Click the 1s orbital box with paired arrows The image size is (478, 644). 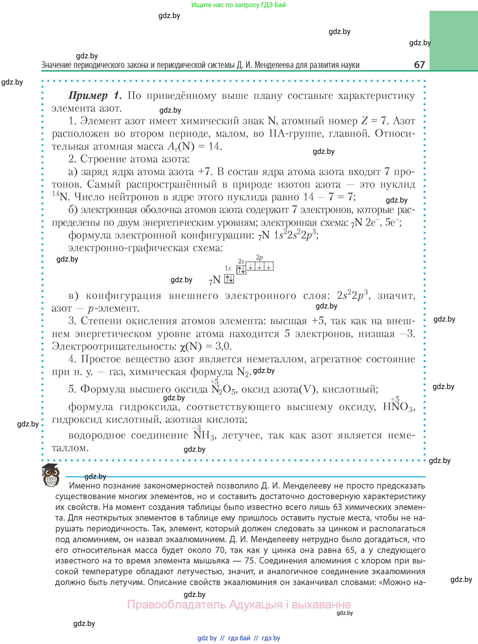tap(229, 279)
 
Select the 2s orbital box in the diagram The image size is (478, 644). tap(241, 270)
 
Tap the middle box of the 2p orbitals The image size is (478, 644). tap(259, 266)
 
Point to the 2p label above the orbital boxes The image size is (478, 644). tap(259, 257)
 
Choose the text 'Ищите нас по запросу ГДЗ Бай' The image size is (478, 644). tap(238, 5)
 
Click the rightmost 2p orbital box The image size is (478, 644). tap(269, 266)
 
